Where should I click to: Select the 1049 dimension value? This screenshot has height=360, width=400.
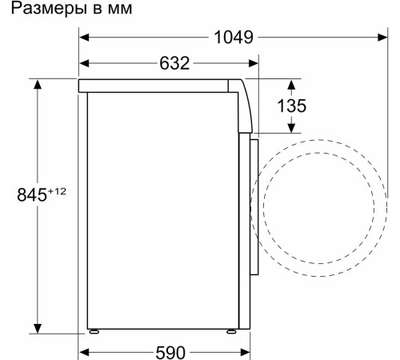[x=234, y=38]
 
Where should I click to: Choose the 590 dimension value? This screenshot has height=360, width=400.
[x=169, y=352]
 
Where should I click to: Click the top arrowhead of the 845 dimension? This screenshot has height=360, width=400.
[x=37, y=83]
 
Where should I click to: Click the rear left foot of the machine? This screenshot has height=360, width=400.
[x=94, y=330]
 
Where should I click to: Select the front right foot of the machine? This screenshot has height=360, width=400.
[x=232, y=330]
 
